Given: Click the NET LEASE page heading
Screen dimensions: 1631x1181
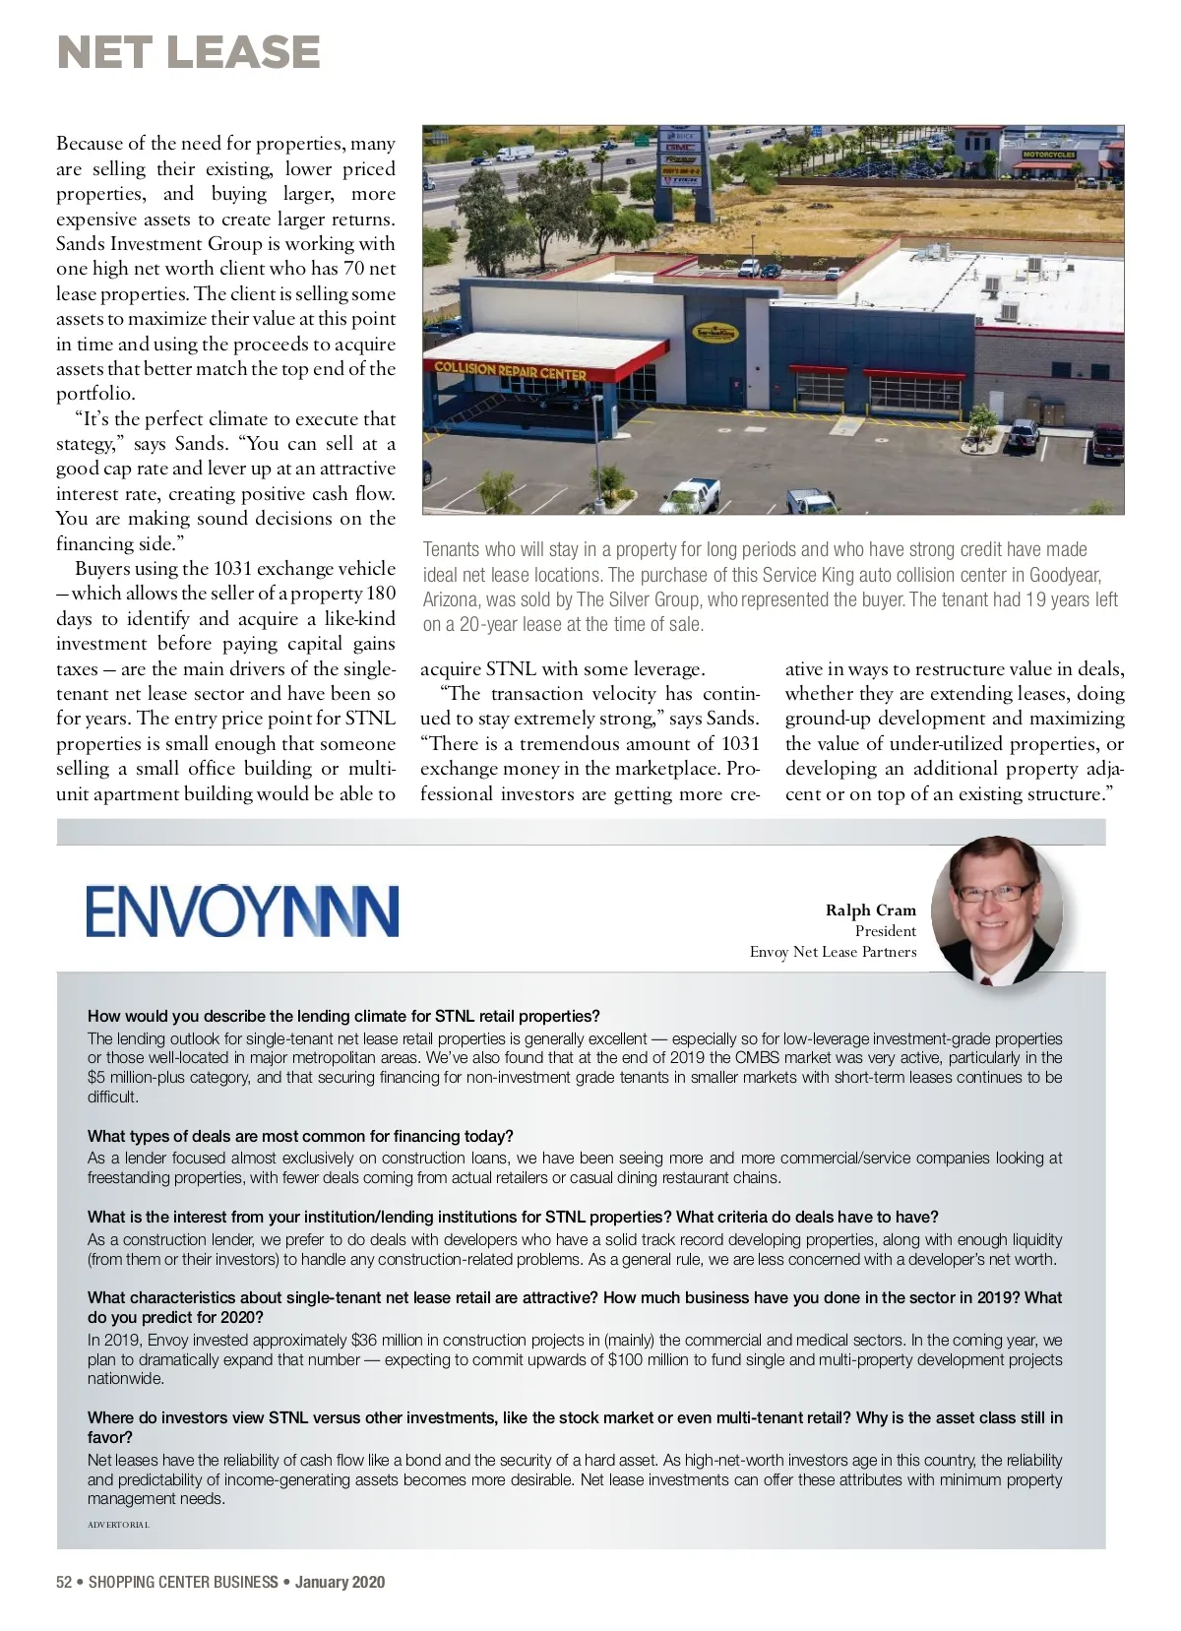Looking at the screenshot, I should pyautogui.click(x=188, y=52).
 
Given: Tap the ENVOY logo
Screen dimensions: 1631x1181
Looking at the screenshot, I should pyautogui.click(x=242, y=910).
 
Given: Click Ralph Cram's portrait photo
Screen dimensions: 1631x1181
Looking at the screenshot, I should pyautogui.click(x=996, y=910).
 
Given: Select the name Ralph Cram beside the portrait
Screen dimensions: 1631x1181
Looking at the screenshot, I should pyautogui.click(x=870, y=910).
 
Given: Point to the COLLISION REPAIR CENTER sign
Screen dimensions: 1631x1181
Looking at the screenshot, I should pyautogui.click(x=511, y=371).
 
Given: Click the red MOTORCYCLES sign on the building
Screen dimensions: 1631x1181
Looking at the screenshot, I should pyautogui.click(x=1048, y=155).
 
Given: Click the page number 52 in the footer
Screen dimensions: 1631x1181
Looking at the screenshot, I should pyautogui.click(x=64, y=1582).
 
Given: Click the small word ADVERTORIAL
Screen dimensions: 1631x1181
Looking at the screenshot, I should pyautogui.click(x=118, y=1525).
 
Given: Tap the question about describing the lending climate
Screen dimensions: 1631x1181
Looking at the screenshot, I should pyautogui.click(x=343, y=1016).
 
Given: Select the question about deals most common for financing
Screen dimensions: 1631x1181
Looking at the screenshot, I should pyautogui.click(x=300, y=1136).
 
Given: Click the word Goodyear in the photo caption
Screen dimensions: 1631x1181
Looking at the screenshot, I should pyautogui.click(x=1061, y=574).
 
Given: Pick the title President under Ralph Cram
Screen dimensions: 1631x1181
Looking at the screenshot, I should pyautogui.click(x=885, y=931).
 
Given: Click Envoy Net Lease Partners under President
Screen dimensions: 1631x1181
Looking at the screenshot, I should pyautogui.click(x=833, y=952).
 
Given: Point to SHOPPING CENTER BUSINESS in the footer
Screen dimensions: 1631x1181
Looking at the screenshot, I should pyautogui.click(x=183, y=1582).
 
